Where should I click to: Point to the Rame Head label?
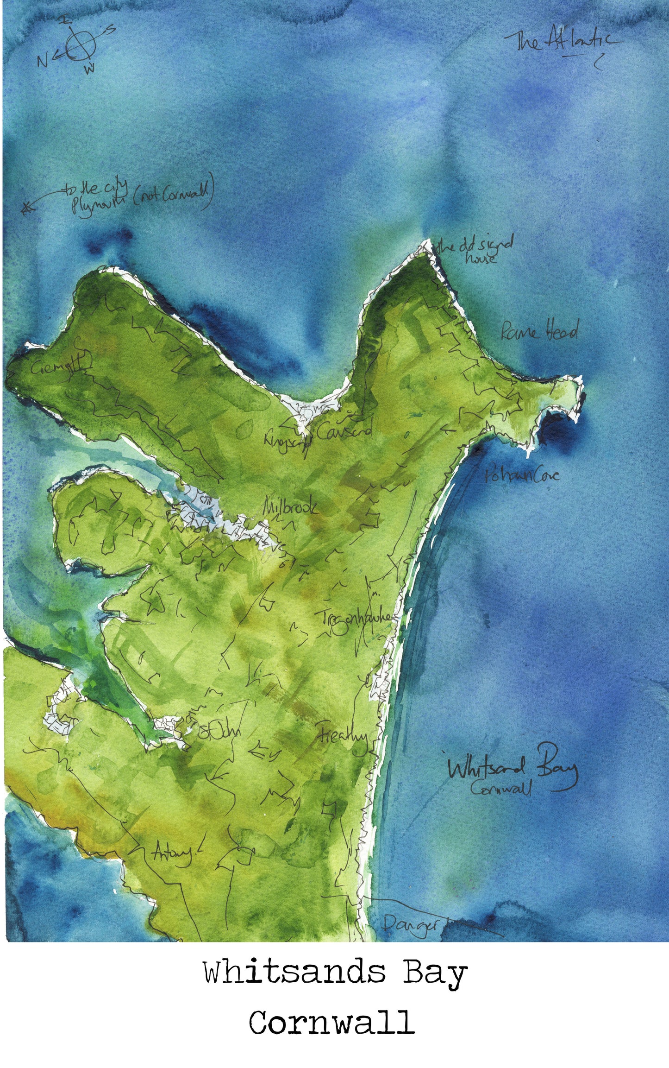pos(540,331)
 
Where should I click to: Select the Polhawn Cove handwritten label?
pos(522,475)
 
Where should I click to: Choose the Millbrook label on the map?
pos(290,507)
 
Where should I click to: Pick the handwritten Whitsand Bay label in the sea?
pos(512,769)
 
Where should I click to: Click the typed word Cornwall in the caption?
pos(331,1034)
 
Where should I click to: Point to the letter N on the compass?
pos(42,61)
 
